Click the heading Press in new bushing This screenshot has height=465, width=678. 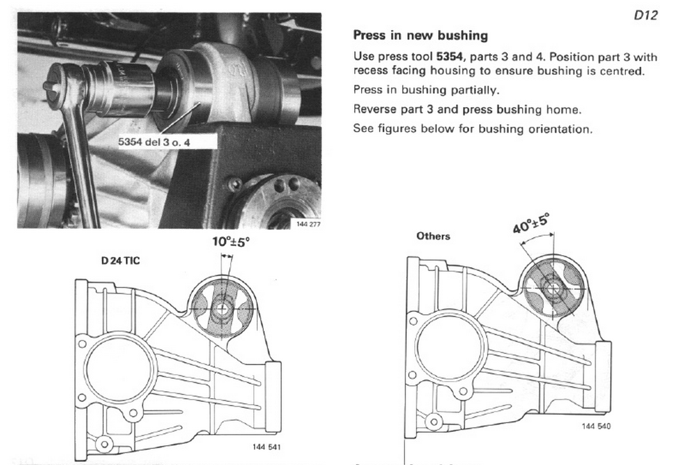(420, 36)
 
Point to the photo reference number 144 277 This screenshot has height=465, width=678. (308, 224)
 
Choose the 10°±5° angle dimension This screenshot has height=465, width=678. (231, 242)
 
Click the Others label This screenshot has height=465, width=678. (433, 236)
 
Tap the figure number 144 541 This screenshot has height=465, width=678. (266, 447)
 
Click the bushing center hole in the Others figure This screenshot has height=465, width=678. (553, 288)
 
